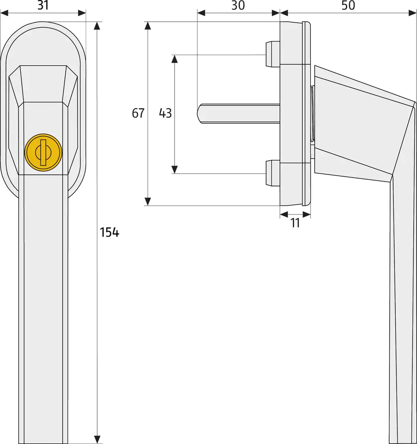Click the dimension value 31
(44, 5)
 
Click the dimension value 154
(109, 232)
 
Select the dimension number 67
(138, 113)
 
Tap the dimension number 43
(165, 113)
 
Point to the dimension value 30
(238, 5)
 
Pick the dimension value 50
(349, 5)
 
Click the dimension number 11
(295, 223)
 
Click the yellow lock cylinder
(43, 152)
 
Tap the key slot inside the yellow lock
(43, 152)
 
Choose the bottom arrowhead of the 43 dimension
(175, 169)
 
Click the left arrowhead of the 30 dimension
(201, 13)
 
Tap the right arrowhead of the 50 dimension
(412, 13)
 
